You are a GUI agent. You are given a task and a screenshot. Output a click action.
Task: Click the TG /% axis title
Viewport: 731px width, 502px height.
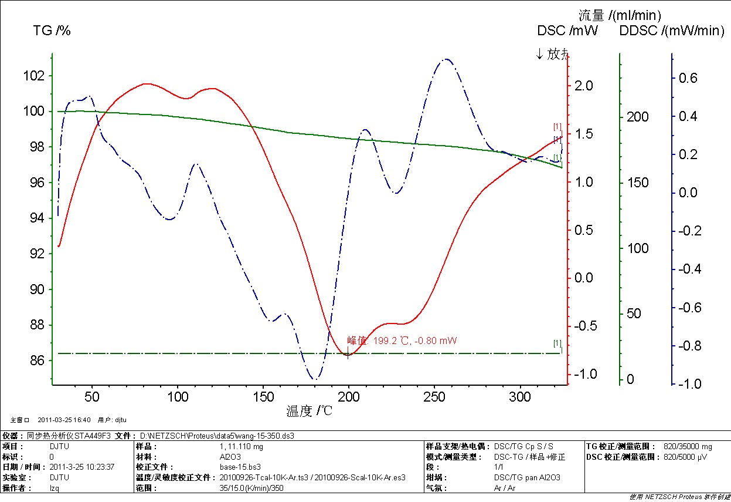point(52,31)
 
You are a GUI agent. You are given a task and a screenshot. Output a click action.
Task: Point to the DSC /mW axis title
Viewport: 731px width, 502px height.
point(567,31)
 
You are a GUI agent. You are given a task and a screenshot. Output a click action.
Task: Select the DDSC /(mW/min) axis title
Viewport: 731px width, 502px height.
point(672,31)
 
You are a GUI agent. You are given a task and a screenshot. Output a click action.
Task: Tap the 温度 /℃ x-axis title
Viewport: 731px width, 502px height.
point(310,410)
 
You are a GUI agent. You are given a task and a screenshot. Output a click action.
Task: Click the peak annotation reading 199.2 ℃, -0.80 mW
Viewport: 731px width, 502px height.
point(402,341)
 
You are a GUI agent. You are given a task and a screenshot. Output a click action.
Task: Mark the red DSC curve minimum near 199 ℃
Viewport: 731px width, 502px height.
point(347,354)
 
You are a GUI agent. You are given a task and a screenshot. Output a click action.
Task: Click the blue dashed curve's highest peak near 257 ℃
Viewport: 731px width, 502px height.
point(447,59)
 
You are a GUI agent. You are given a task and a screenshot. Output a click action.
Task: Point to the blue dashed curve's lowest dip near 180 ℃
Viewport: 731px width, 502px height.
point(315,379)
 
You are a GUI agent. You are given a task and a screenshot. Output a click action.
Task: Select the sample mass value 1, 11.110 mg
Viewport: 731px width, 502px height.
point(242,447)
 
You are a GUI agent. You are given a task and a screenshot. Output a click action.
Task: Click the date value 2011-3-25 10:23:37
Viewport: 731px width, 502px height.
point(82,467)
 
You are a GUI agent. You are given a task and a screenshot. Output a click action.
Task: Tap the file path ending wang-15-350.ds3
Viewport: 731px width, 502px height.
point(216,436)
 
